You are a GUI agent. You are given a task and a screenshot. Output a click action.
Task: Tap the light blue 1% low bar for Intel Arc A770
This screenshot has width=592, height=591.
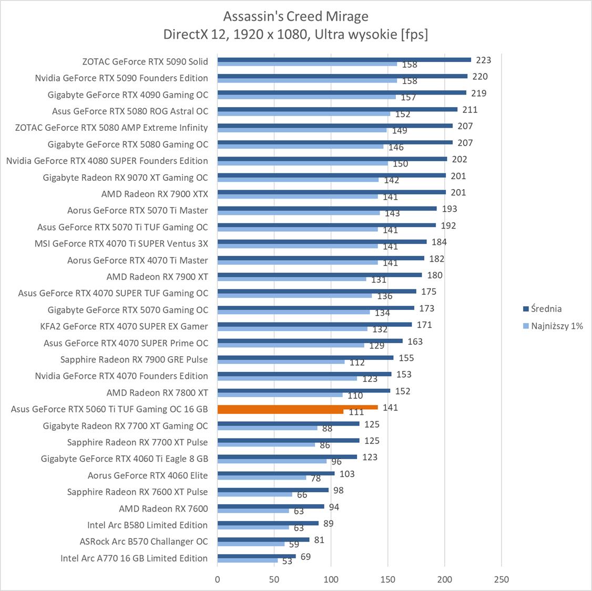pyautogui.click(x=248, y=561)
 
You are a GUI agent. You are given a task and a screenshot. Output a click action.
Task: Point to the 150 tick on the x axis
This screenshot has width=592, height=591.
pyautogui.click(x=388, y=579)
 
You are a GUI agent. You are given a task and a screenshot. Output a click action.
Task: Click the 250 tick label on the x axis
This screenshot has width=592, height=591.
pyautogui.click(x=502, y=579)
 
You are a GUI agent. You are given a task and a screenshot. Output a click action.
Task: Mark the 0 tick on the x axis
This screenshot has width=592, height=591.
pyautogui.click(x=218, y=579)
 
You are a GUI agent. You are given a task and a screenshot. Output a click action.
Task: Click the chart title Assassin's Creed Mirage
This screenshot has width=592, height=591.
pyautogui.click(x=295, y=16)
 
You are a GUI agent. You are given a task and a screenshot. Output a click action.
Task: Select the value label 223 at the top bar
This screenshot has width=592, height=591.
pyautogui.click(x=483, y=60)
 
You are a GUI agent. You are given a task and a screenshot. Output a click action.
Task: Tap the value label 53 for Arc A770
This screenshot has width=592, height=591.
pyautogui.click(x=287, y=561)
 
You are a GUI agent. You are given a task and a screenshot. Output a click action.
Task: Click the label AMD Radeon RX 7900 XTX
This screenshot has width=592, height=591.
pyautogui.click(x=155, y=194)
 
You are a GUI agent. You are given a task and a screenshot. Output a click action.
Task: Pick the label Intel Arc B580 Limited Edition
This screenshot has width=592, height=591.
pyautogui.click(x=147, y=525)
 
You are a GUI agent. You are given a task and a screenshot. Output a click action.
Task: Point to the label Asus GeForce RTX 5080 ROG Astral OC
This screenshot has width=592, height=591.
pyautogui.click(x=130, y=111)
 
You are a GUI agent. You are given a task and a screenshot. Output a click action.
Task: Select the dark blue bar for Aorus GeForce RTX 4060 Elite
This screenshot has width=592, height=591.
pyautogui.click(x=276, y=473)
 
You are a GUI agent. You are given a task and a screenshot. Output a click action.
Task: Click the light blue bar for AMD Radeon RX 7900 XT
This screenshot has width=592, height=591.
pyautogui.click(x=292, y=279)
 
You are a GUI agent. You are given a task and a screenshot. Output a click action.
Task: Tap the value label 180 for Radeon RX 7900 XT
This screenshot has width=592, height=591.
pyautogui.click(x=435, y=275)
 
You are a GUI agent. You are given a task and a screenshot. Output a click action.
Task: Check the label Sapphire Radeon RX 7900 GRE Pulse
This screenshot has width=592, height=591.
pyautogui.click(x=134, y=359)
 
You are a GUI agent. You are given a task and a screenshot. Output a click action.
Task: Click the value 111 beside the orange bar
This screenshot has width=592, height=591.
pyautogui.click(x=356, y=412)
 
